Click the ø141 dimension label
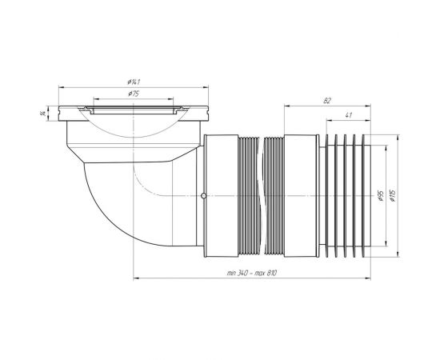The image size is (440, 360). [x=134, y=82]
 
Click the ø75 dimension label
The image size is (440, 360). [x=134, y=94]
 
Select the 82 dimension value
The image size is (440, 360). [x=327, y=101]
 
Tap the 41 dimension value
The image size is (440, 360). [x=348, y=115]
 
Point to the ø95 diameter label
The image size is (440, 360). [x=381, y=195]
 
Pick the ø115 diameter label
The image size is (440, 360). [x=392, y=195]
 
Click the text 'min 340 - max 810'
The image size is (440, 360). [x=252, y=273]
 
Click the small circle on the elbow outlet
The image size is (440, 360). [x=204, y=195]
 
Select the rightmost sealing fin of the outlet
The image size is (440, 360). [x=366, y=196]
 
